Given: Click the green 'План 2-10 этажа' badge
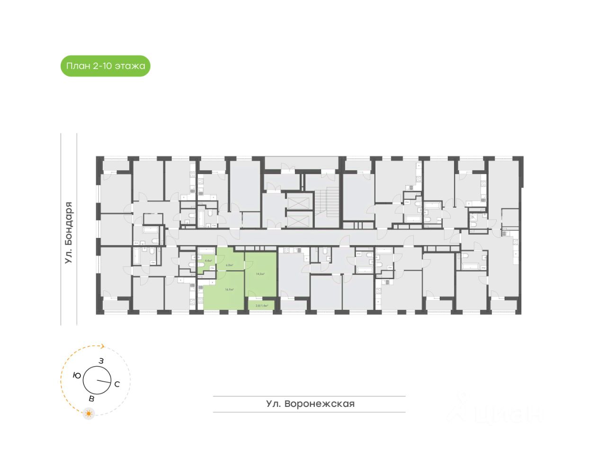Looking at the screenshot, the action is click(105, 66).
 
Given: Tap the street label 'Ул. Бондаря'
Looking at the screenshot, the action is click(69, 233).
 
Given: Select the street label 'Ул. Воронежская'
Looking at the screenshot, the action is click(310, 404).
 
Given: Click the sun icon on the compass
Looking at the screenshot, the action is click(89, 413).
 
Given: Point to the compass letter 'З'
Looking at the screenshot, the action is click(101, 361).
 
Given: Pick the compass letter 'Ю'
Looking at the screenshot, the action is click(77, 375).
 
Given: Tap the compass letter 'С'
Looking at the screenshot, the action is click(117, 384).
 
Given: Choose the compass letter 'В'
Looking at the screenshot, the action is click(91, 399).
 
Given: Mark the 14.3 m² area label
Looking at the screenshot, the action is click(260, 274).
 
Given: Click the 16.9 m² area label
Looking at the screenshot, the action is click(229, 290).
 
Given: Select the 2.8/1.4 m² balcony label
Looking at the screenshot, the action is click(262, 306).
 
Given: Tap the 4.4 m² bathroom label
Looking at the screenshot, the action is click(208, 261).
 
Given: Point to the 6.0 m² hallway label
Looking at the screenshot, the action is click(229, 265).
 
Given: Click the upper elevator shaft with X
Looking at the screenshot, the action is click(298, 202).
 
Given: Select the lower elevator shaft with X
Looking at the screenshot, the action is click(298, 220).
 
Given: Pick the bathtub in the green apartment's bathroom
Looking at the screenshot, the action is click(206, 251).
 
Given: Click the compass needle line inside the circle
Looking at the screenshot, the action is click(104, 381).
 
